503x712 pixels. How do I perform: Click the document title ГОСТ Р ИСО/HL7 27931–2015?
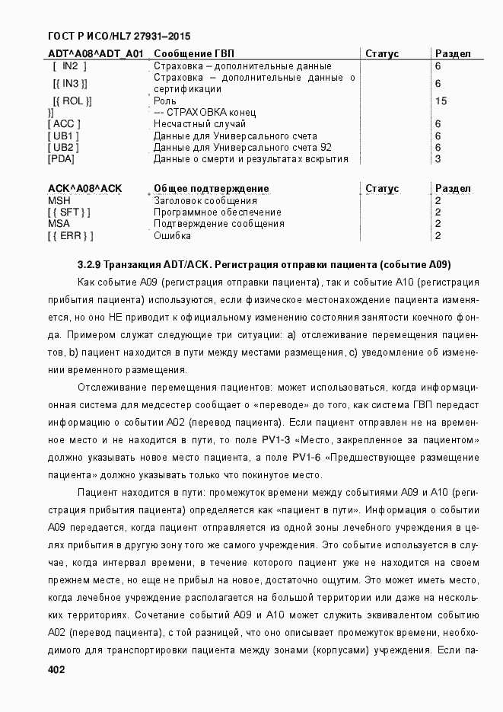click(119, 36)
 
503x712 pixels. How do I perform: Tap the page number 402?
click(56, 669)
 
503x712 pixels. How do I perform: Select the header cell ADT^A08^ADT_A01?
click(96, 54)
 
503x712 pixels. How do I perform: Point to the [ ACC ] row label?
click(64, 123)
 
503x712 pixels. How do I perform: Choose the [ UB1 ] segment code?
click(63, 136)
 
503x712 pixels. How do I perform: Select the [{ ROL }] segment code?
click(72, 101)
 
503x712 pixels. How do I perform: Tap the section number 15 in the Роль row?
click(441, 101)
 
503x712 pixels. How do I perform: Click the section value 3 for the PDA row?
click(438, 159)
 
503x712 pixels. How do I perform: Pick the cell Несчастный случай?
click(199, 123)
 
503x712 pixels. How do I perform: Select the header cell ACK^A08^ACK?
click(84, 189)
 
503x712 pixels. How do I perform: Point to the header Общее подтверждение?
click(211, 189)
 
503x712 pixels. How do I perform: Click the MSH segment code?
click(59, 200)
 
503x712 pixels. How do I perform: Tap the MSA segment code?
click(59, 224)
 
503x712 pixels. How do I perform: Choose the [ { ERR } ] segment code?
click(70, 236)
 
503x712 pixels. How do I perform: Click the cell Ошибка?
click(172, 236)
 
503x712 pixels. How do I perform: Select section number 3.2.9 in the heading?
click(90, 265)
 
